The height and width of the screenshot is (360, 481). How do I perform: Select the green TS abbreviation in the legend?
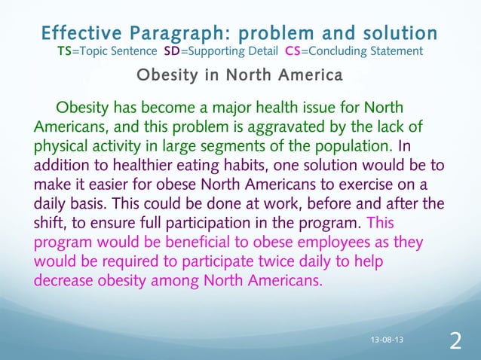65,51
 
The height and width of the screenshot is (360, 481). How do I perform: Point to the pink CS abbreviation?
294,51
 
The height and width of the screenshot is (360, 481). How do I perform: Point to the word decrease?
69,282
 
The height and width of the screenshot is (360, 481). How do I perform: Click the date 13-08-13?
388,340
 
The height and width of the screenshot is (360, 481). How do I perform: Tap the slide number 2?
455,341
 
